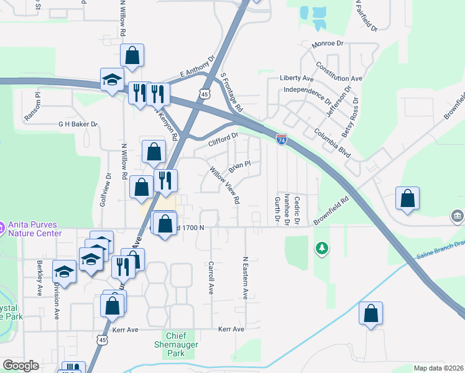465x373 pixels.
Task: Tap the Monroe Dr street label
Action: (328, 44)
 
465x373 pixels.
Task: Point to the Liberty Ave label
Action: (297, 78)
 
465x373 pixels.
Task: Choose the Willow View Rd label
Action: (225, 185)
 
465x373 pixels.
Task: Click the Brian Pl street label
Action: (239, 167)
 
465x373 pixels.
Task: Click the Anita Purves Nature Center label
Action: (35, 229)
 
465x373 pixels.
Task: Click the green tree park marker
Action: (321, 249)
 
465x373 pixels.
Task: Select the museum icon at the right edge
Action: (458, 216)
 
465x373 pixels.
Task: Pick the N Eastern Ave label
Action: (246, 278)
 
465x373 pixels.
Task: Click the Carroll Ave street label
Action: (211, 277)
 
